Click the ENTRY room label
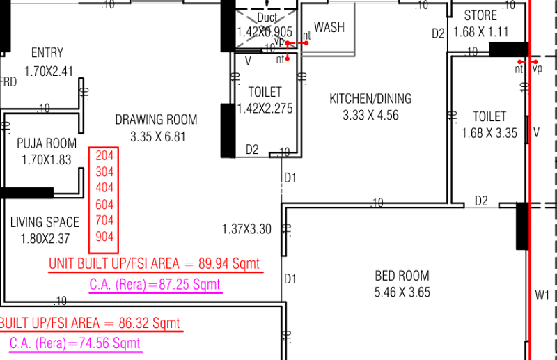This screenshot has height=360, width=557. [47, 53]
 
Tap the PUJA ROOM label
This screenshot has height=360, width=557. [47, 143]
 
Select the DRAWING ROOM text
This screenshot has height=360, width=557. [156, 120]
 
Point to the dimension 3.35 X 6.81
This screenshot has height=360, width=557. [158, 136]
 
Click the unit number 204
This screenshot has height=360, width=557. [104, 156]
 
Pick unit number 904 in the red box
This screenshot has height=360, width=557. [104, 236]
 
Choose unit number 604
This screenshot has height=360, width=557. [104, 204]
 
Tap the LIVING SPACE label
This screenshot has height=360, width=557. [45, 222]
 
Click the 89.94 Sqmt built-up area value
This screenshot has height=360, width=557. [229, 264]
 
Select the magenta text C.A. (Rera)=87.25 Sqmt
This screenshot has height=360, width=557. [155, 284]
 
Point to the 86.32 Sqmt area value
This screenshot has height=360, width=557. [149, 323]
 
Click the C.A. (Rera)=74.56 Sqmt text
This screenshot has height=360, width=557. [75, 343]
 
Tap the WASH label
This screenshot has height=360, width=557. [329, 27]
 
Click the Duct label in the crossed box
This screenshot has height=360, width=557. [267, 17]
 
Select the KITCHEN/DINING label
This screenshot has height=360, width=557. [371, 99]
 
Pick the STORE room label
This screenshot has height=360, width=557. [480, 15]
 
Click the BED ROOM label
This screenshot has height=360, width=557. [402, 276]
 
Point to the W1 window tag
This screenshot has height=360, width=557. [542, 295]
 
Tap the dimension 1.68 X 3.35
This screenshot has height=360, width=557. [489, 133]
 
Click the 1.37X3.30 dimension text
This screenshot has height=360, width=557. [246, 229]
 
